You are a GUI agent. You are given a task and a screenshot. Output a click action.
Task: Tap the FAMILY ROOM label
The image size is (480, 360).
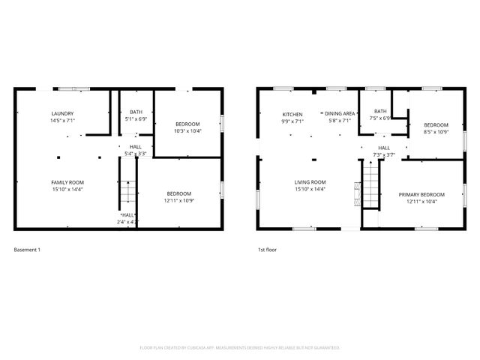coord(67,182)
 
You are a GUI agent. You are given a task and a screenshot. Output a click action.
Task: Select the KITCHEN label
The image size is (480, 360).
coord(292,113)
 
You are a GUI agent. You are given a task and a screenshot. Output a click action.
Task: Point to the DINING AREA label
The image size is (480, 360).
coord(339,113)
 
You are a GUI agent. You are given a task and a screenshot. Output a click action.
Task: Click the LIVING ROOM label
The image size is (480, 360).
coord(309,182)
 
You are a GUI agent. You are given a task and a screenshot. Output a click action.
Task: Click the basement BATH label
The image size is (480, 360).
coord(136,112)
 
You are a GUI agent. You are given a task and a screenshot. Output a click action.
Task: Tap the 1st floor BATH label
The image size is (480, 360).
coord(381,111)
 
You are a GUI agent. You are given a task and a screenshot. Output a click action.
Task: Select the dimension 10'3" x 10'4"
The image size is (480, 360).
coord(188,130)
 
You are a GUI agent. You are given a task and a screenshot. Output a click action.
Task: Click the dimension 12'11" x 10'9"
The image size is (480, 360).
coord(178,201)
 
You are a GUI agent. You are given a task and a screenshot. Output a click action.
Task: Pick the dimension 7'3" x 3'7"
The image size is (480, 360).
coord(383,154)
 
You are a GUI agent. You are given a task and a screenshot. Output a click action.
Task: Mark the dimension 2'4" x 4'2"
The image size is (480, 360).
coord(127,222)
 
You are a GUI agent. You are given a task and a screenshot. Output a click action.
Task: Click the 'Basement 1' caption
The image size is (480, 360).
coord(28,249)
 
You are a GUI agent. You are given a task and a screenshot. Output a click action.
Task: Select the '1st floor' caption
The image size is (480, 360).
coord(266,249)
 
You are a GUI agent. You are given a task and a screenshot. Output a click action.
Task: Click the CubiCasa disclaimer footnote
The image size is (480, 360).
coord(240,348)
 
